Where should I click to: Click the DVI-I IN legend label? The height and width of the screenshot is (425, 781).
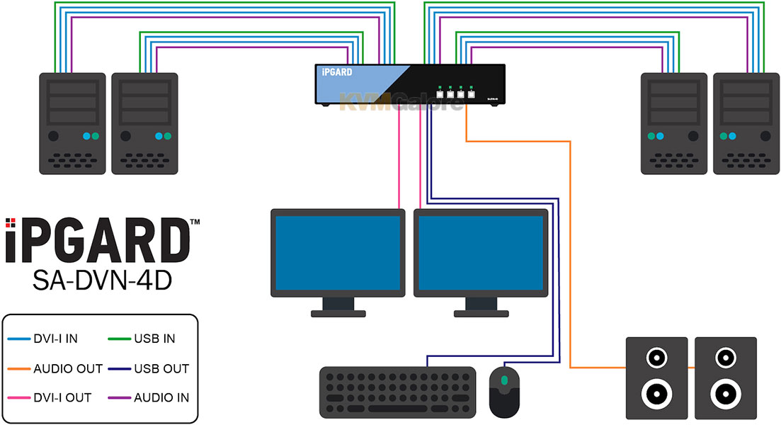[x=55, y=339]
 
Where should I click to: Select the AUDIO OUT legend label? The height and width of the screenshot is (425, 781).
[x=68, y=368]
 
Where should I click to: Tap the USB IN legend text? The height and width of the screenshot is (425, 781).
[x=154, y=339]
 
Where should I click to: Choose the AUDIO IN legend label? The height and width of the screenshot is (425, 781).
[x=161, y=397]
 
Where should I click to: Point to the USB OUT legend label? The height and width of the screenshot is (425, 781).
[x=161, y=368]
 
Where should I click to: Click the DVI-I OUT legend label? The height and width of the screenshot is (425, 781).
[x=62, y=397]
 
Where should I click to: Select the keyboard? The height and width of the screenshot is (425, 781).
[x=397, y=391]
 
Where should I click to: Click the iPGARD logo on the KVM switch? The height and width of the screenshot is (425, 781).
[x=337, y=72]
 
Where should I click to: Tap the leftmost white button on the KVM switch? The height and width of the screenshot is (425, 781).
[x=440, y=93]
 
